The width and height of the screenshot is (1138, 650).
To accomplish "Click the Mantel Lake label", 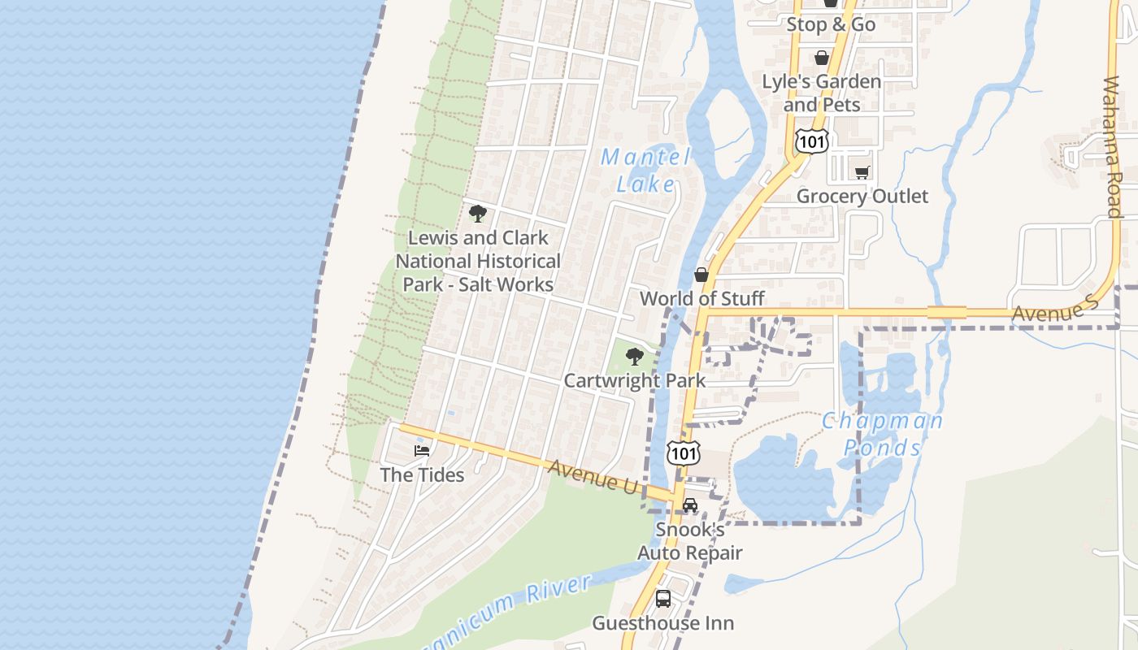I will click(645, 170).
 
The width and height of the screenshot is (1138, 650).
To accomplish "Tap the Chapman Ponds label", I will click(882, 434).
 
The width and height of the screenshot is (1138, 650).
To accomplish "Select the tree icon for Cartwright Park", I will click(634, 356).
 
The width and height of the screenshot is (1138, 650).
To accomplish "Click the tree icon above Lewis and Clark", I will click(478, 214).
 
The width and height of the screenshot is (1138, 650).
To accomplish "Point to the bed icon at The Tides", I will click(421, 451).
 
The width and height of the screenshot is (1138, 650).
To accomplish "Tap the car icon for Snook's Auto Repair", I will click(690, 505).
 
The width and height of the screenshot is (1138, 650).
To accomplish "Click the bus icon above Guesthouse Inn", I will click(663, 599).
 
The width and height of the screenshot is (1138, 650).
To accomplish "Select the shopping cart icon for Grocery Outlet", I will click(862, 172).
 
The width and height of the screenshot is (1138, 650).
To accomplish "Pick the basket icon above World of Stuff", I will click(701, 275).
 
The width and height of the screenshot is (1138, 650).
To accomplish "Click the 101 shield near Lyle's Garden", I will click(812, 142).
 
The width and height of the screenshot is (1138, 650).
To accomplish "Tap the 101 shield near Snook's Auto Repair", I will click(683, 453).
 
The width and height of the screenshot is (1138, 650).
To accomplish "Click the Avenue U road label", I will click(593, 476).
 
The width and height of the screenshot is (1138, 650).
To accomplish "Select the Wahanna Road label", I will click(1113, 147).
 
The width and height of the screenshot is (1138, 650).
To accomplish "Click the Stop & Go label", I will click(831, 24).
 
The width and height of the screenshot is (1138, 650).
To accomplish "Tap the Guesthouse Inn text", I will click(662, 623).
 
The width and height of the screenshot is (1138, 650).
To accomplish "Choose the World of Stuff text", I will click(701, 298).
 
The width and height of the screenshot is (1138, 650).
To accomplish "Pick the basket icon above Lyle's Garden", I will click(822, 58).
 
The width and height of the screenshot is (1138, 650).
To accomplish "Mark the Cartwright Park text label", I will click(635, 380).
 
